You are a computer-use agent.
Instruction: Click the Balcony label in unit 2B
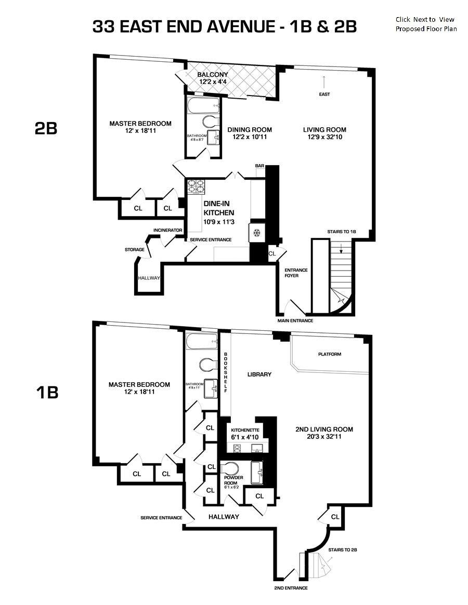tap(213, 75)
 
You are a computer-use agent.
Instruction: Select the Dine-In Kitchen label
tap(218, 208)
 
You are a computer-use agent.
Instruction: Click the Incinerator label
tap(167, 230)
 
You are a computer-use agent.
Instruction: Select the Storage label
tap(134, 250)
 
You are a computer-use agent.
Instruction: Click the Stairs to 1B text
tap(341, 232)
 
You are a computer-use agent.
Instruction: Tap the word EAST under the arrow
tap(324, 95)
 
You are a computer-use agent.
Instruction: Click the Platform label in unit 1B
tap(330, 354)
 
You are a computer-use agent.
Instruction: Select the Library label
tap(259, 374)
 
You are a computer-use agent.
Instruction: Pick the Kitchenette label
tap(245, 431)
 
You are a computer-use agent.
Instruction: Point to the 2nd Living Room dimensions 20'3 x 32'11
tap(324, 437)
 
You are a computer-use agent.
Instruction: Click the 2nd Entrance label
tap(291, 588)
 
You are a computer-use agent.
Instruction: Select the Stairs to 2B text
tap(342, 549)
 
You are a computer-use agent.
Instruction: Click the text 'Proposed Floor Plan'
tap(426, 29)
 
